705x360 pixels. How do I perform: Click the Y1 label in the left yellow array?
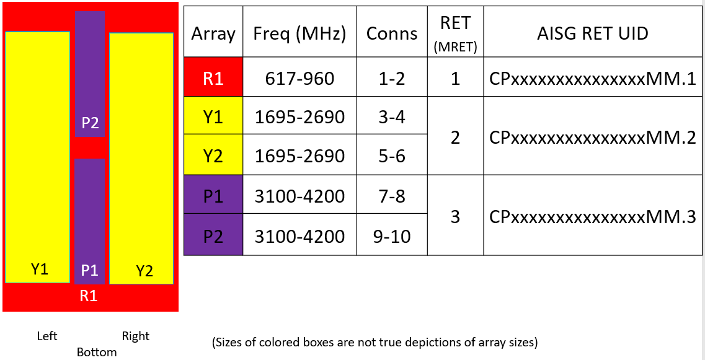(39, 269)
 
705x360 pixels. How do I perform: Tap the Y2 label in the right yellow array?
(144, 271)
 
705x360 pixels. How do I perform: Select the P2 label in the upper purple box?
(90, 123)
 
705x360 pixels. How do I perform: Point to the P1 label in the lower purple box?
(89, 270)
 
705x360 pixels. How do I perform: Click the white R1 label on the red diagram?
(88, 296)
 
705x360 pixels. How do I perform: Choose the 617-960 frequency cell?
(300, 79)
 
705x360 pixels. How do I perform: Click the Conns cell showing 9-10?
(392, 235)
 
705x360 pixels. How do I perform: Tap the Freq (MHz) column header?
(300, 34)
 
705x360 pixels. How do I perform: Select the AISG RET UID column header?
(593, 33)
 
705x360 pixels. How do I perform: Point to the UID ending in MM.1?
(593, 79)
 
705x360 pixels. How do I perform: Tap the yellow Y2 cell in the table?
(213, 156)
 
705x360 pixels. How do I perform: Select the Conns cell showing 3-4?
(392, 117)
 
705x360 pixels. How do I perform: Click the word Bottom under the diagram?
(97, 351)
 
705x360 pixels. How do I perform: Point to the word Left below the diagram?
(47, 336)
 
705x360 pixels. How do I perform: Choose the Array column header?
(213, 34)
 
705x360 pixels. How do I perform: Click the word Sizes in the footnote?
(229, 343)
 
